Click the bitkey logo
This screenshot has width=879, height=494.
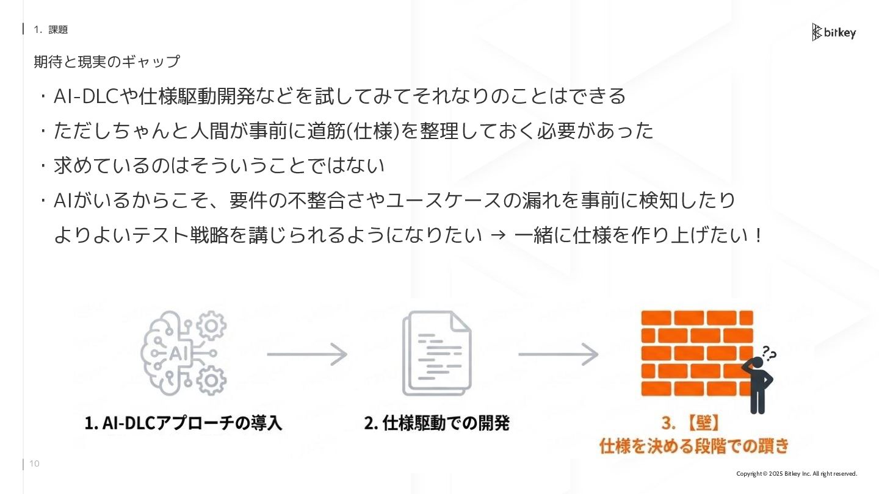point(834,32)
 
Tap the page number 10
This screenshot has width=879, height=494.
point(34,464)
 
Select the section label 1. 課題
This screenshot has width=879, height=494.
point(51,29)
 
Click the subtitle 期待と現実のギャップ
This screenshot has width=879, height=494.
point(107,62)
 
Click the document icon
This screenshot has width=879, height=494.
point(436,353)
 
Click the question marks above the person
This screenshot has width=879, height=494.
point(769,353)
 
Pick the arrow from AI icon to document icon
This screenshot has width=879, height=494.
point(307,354)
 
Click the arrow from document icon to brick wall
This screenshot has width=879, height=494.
point(558,354)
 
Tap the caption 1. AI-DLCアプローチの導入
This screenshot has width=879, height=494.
point(184,423)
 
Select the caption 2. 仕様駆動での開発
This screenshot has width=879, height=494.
point(436,423)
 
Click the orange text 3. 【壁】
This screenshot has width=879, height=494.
point(693,423)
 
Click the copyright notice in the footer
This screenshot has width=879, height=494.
point(797,474)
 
